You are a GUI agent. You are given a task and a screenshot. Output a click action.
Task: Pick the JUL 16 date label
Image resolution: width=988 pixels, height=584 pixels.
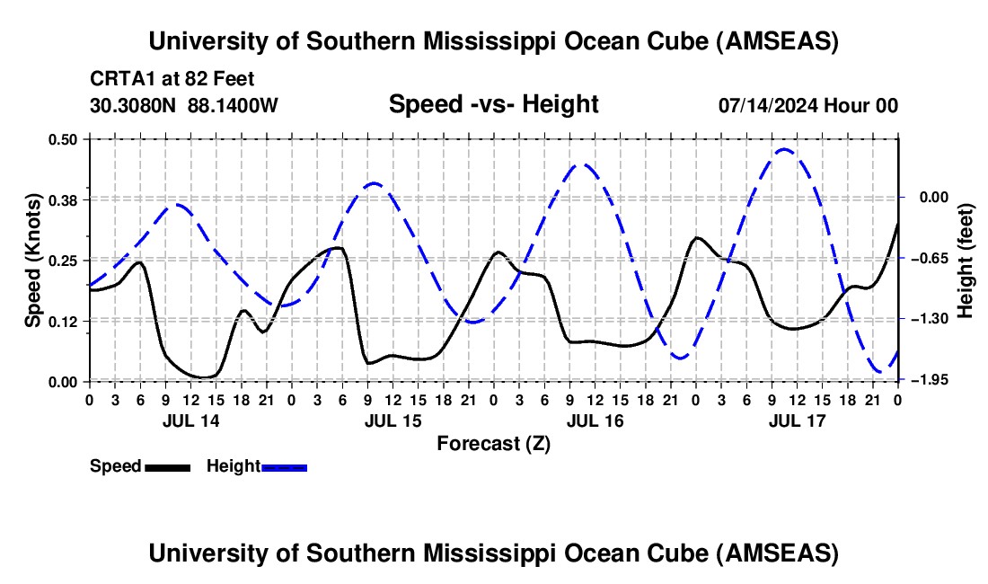[x=595, y=420]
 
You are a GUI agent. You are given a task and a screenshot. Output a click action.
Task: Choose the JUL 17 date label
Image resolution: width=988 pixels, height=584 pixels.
[x=797, y=420]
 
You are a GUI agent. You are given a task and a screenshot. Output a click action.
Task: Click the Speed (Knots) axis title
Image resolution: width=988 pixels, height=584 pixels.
[x=32, y=260]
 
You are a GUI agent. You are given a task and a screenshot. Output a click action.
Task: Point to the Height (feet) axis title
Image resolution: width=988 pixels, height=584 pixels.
[x=966, y=260]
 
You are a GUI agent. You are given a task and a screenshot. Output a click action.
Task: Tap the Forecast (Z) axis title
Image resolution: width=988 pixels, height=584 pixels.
[x=493, y=444]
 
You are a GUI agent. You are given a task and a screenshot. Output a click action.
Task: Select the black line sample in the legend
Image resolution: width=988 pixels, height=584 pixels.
[x=167, y=467]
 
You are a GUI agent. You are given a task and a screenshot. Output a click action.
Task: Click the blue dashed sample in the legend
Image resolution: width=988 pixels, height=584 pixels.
[x=285, y=467]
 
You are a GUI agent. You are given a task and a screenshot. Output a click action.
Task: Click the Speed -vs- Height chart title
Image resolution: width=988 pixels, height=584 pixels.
[x=493, y=104]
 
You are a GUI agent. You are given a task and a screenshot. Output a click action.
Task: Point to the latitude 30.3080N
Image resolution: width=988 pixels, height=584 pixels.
[x=134, y=105]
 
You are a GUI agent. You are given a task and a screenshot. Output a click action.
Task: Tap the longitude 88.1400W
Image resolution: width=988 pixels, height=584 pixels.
[x=234, y=105]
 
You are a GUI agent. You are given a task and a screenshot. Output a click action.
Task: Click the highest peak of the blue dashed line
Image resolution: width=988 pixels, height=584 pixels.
[x=784, y=149]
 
